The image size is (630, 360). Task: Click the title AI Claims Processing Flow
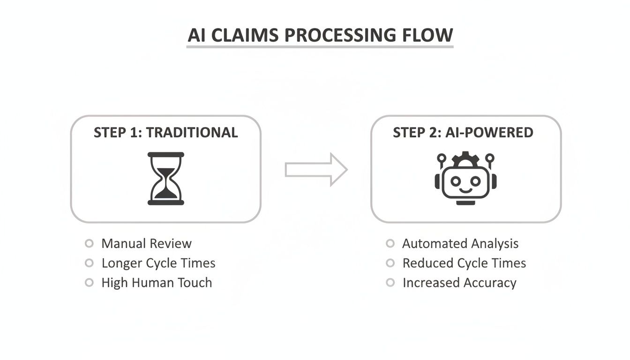320,36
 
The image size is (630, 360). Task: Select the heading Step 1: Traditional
165,133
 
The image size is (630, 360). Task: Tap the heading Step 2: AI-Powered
463,133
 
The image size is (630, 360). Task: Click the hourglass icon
166,178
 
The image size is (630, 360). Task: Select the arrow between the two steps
316,169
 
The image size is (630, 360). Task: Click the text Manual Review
146,243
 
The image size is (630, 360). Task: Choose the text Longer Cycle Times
158,263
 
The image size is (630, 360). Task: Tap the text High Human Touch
157,283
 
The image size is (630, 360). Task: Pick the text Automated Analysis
460,243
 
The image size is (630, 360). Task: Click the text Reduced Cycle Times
464,263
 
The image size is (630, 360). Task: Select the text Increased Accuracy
459,283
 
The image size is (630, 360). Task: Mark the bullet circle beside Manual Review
89,243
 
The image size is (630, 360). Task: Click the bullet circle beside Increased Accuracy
390,283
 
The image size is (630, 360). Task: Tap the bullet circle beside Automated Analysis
390,243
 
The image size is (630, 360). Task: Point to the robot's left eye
455,180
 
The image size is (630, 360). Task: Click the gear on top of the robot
465,159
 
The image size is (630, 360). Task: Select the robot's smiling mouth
465,190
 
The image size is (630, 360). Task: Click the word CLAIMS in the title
247,36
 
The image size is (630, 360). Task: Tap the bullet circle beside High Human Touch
89,283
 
